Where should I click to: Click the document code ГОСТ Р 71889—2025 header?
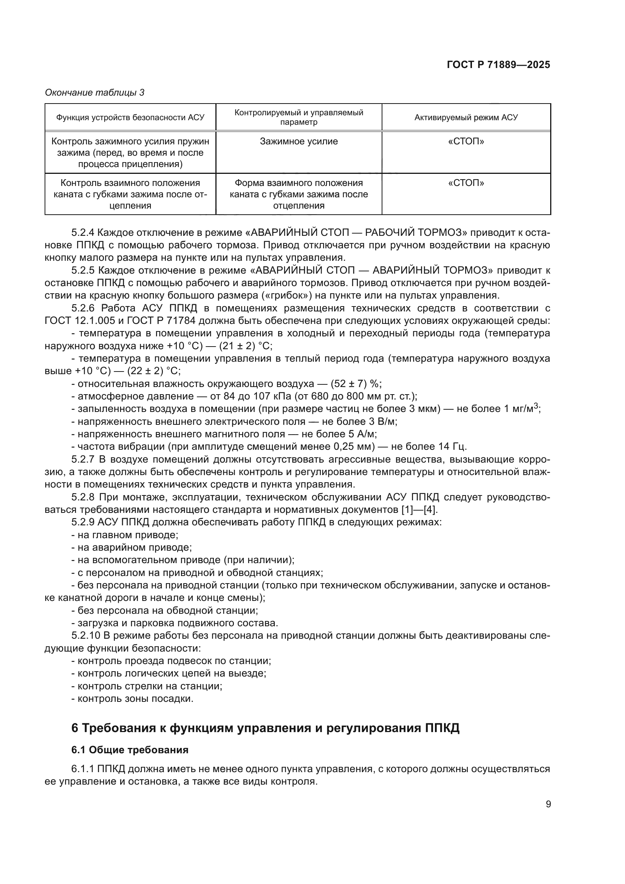click(498, 65)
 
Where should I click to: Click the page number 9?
click(548, 804)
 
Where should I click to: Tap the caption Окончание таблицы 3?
click(95, 92)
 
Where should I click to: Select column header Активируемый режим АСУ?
click(466, 118)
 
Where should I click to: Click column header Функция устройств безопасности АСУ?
click(130, 118)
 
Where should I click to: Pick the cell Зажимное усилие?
click(299, 141)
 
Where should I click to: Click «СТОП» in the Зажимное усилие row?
click(466, 141)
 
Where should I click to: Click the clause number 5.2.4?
click(83, 232)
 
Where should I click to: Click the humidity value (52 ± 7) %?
click(356, 384)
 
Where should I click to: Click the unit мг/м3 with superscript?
click(526, 409)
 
